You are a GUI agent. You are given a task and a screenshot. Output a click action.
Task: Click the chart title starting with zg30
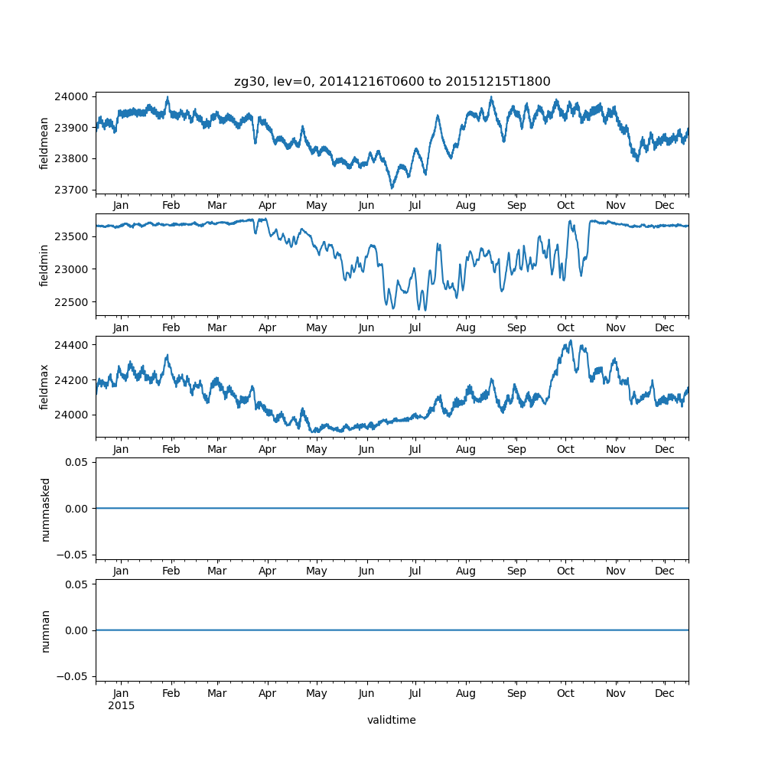(392, 82)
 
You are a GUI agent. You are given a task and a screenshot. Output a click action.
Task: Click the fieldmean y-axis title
(44, 143)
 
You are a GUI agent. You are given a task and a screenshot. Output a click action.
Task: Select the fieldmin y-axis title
(44, 265)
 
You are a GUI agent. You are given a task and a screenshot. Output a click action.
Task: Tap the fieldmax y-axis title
(44, 387)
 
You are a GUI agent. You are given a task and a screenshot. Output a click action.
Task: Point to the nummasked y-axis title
(45, 509)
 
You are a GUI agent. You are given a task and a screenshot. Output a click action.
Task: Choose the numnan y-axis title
(45, 630)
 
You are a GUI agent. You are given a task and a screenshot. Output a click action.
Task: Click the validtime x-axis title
(391, 720)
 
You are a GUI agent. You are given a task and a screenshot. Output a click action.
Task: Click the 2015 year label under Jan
(121, 705)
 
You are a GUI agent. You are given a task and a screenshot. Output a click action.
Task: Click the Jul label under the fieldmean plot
(415, 206)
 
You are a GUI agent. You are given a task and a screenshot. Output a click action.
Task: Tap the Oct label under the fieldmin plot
(565, 327)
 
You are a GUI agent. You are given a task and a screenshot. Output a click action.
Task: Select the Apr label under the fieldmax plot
(267, 450)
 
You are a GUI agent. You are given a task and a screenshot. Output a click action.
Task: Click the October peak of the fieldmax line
(570, 341)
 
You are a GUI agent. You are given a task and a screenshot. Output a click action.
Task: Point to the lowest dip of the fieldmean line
(392, 187)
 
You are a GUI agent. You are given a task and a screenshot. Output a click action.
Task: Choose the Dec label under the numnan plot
(665, 693)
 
